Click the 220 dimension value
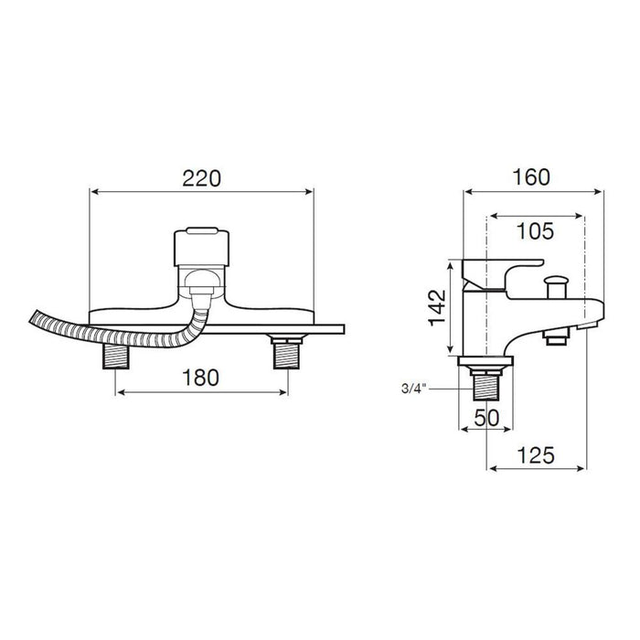click(202, 178)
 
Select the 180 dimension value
click(200, 378)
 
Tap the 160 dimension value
click(531, 177)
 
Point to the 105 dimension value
click(535, 231)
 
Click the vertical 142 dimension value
click(438, 307)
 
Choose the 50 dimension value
click(486, 418)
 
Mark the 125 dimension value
click(536, 455)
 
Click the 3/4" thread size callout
click(413, 389)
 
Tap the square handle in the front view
click(201, 247)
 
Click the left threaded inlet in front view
click(116, 356)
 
